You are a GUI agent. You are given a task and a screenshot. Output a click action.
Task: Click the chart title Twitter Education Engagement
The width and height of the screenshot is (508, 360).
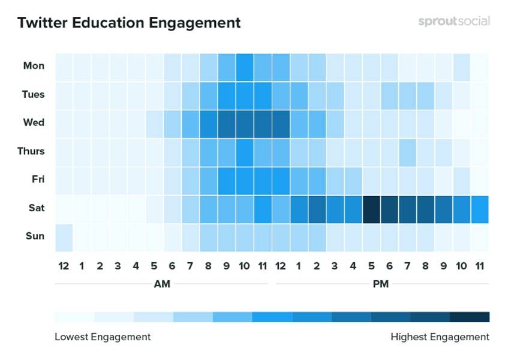[129, 23]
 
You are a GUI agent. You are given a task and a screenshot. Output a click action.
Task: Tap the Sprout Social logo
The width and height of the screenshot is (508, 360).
[454, 21]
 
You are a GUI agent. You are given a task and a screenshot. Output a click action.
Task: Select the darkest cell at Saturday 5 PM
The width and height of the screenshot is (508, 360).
[371, 208]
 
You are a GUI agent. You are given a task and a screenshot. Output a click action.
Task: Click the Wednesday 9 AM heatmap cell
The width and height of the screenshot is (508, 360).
[227, 123]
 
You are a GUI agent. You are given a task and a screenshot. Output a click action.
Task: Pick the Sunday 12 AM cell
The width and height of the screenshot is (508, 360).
[64, 236]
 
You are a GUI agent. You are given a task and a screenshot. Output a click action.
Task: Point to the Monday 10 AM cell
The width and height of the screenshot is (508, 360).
[245, 66]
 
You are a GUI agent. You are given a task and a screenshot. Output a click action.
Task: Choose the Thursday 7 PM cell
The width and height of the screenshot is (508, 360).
[407, 151]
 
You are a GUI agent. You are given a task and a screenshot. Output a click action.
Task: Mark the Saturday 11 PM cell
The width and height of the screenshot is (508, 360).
[480, 208]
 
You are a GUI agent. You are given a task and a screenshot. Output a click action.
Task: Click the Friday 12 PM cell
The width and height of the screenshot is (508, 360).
[281, 179]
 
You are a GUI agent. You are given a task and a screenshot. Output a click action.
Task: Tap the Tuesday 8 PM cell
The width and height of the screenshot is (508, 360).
[425, 94]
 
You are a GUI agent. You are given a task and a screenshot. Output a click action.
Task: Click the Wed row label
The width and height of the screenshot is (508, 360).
[34, 122]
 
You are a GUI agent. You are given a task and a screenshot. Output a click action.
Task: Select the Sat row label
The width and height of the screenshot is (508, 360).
[35, 208]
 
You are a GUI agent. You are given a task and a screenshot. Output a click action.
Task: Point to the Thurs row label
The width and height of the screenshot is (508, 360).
[31, 151]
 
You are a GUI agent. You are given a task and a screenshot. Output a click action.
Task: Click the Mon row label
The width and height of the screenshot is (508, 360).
[34, 66]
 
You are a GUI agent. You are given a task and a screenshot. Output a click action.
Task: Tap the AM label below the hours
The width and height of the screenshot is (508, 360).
[162, 284]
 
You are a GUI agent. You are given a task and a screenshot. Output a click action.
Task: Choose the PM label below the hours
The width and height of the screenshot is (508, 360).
[380, 284]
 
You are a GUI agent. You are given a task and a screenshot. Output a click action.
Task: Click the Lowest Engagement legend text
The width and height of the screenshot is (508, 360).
[103, 337]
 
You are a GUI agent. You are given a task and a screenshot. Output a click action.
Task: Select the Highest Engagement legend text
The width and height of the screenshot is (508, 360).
[440, 337]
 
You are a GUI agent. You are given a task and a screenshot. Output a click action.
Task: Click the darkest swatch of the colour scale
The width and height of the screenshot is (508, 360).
[470, 317]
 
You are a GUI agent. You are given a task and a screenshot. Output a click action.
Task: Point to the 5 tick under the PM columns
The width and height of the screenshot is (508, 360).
[371, 265]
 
